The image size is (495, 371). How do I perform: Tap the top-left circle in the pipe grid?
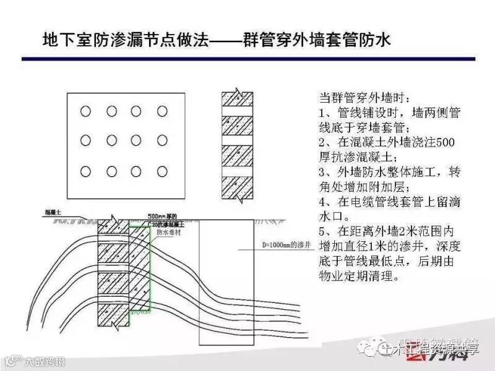pos(86,111)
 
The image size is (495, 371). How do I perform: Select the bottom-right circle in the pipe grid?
pos(162,171)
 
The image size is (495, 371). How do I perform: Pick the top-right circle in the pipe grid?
pos(162,111)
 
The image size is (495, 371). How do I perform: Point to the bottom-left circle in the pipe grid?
pos(86,171)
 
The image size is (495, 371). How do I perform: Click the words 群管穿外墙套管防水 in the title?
pos(321,41)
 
